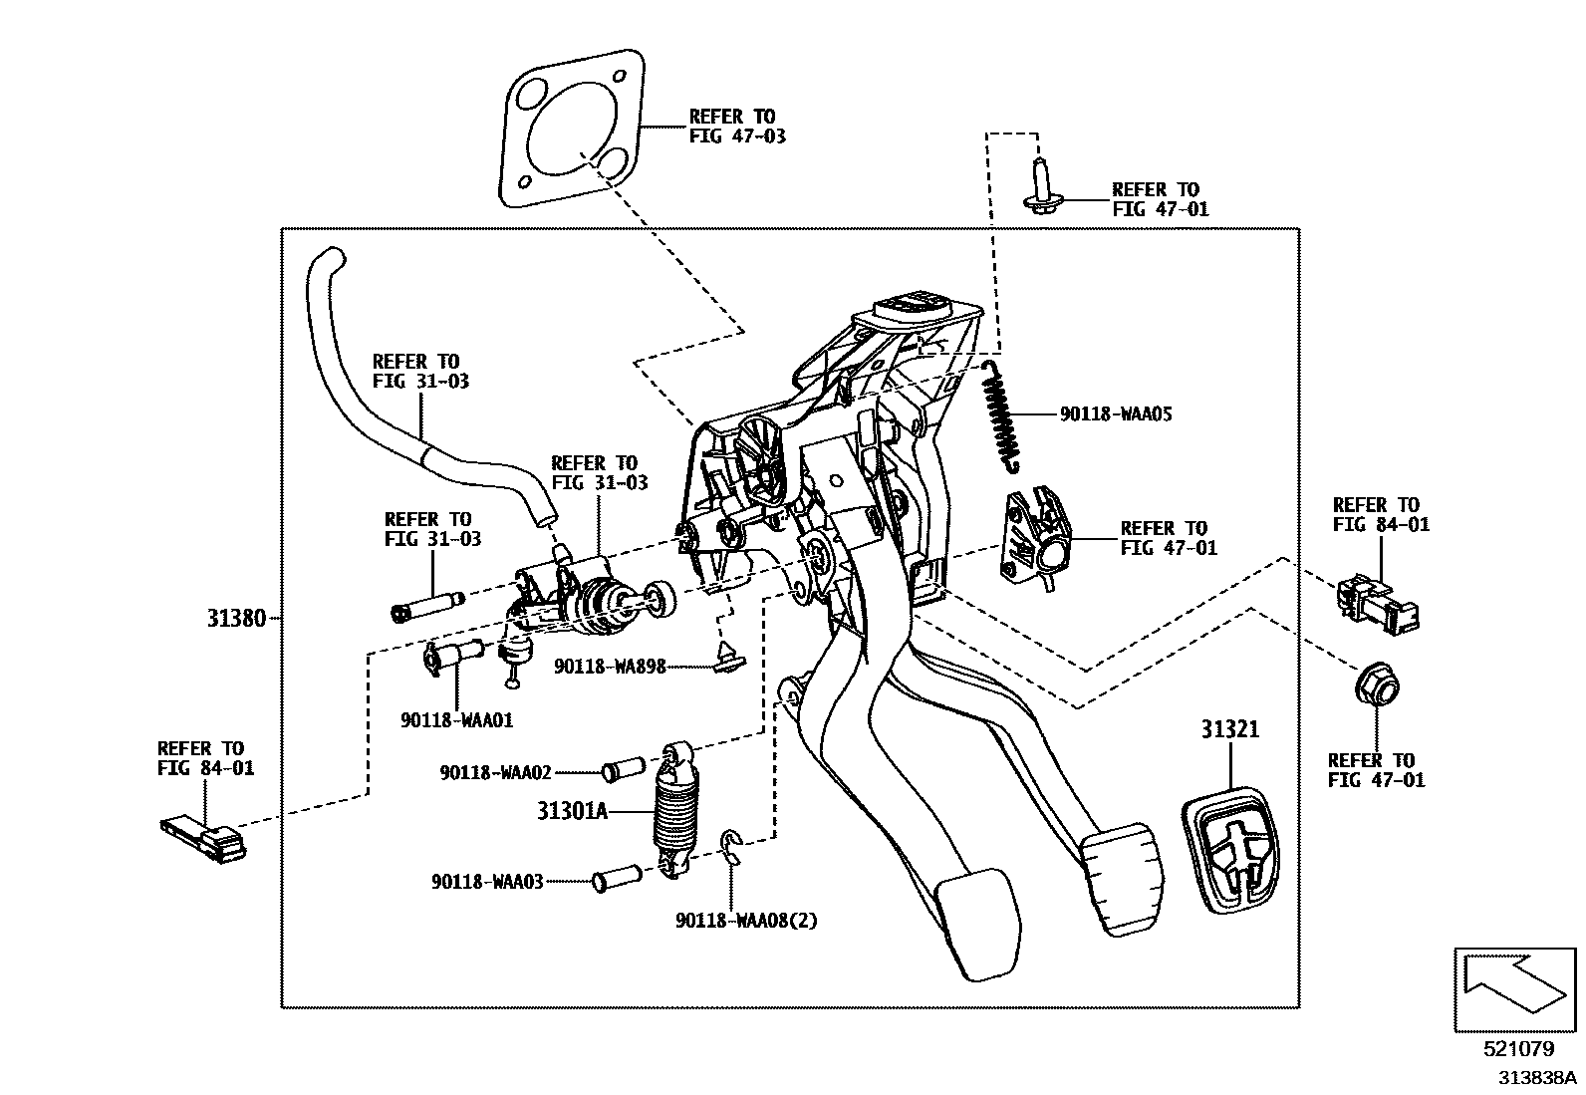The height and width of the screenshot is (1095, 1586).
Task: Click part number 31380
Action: (x=236, y=618)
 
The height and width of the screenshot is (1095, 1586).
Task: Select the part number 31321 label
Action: (x=1229, y=729)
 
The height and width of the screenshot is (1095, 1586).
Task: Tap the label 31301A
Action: (x=572, y=811)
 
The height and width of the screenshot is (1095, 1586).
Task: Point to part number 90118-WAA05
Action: (x=1115, y=413)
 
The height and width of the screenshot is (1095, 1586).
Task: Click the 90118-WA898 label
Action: (x=610, y=667)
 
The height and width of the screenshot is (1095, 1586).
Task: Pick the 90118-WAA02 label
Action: (x=495, y=772)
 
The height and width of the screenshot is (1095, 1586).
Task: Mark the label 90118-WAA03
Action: (x=487, y=882)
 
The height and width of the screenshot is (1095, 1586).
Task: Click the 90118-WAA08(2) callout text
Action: (x=745, y=921)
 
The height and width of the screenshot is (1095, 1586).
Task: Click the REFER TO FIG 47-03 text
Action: (x=736, y=127)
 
